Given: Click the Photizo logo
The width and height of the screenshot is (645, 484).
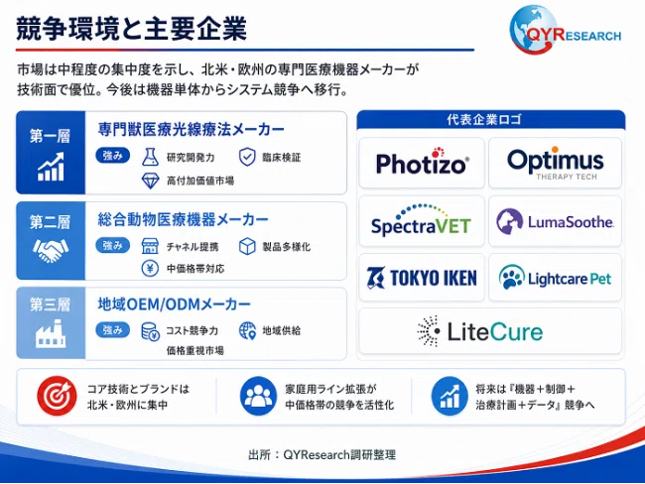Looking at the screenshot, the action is point(422,162).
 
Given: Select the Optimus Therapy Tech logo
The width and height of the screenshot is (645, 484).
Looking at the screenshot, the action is point(556,163).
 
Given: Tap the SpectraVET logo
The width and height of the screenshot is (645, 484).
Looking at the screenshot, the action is point(421,220).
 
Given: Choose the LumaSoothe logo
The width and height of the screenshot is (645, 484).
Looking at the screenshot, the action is point(555,221).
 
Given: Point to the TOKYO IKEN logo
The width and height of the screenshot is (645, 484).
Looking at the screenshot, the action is point(422,278).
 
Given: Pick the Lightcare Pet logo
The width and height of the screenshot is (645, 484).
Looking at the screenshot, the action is point(555,278).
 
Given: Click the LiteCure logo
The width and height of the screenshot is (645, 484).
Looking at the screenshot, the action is point(479,331).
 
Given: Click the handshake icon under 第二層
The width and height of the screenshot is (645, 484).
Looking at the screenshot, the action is point(51,250).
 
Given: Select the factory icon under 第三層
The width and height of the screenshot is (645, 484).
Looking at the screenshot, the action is point(51,333).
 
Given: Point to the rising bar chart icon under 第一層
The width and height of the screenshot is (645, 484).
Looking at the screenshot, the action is point(51,167).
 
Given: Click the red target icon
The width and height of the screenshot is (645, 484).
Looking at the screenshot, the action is point(57,396).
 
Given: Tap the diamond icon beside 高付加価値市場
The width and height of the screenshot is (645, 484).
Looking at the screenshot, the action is point(150,181).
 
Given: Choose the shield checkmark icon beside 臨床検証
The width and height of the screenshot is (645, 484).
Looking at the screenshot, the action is point(247,157).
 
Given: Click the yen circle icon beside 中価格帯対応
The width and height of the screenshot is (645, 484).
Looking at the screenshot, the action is point(150,269).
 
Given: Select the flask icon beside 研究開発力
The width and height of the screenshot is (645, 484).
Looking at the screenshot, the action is point(150,157).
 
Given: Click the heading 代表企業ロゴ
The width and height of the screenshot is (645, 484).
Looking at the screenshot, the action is point(484,120).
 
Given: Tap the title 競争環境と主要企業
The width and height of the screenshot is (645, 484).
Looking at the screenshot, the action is point(131,29).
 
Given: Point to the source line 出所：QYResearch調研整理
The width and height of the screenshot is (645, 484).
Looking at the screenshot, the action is point(322,455).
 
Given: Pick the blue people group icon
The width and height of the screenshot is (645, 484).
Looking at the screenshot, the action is point(258,396).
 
